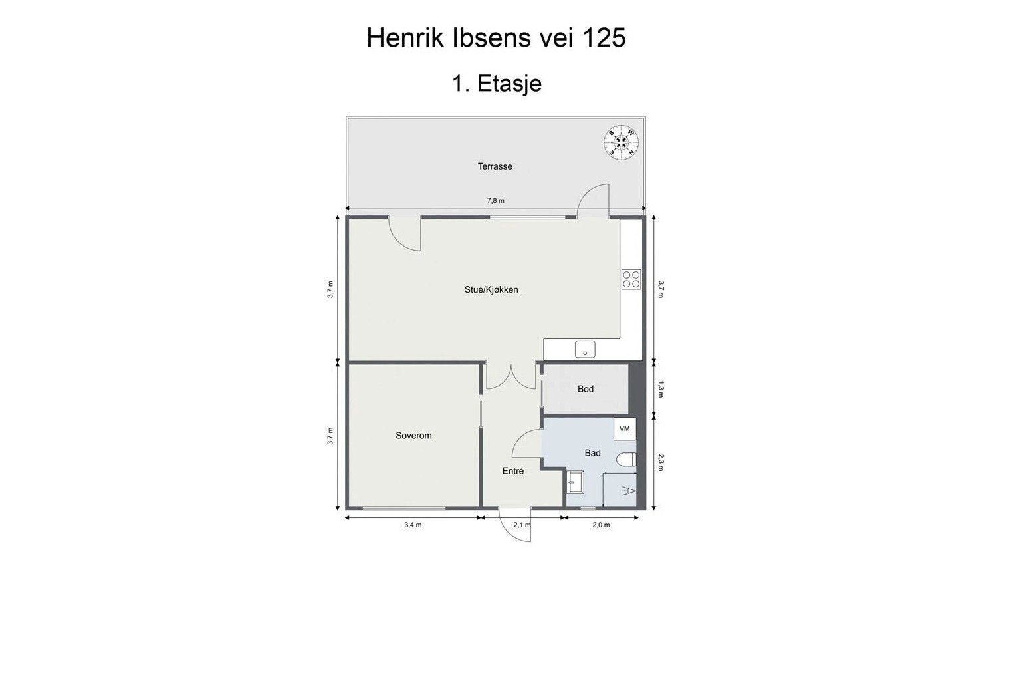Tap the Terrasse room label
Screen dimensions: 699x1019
[495, 166]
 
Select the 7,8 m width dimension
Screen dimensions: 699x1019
[496, 200]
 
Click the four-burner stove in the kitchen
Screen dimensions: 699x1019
[631, 279]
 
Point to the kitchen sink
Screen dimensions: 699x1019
[585, 349]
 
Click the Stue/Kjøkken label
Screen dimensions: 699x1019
[491, 289]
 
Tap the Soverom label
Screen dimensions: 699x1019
[413, 436]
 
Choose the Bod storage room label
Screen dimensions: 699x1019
[586, 389]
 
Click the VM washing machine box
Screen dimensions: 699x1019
[625, 429]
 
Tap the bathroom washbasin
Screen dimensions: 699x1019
[575, 482]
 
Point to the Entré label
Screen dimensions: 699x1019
[513, 471]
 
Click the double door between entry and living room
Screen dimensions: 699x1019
[510, 376]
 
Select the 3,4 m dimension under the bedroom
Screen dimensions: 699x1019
[413, 525]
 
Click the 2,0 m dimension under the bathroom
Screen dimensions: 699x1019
[601, 525]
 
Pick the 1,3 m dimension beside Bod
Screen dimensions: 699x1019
[661, 389]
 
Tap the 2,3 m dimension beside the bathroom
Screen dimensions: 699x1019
[661, 462]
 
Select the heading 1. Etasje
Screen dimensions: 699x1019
[497, 84]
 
